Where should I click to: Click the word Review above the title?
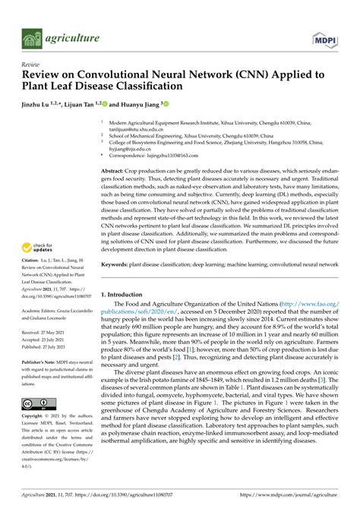(31, 65)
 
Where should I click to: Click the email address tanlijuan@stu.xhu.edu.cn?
(141, 130)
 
